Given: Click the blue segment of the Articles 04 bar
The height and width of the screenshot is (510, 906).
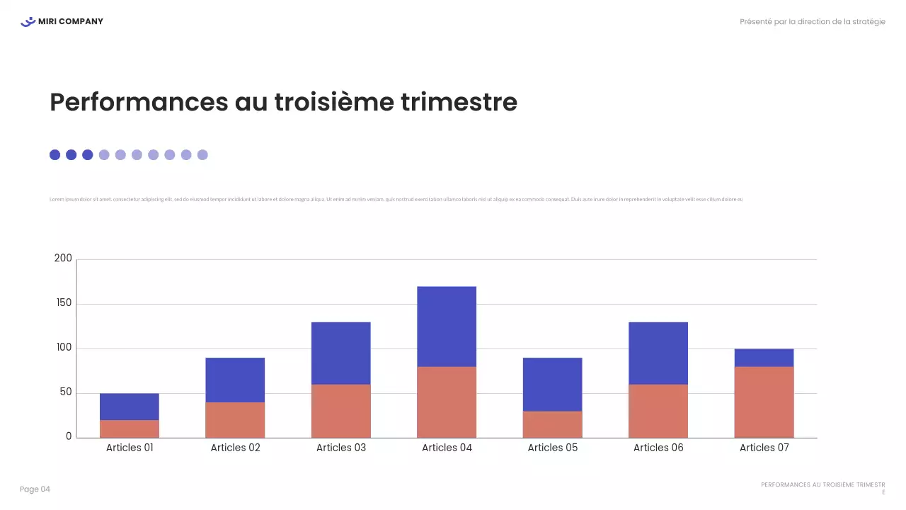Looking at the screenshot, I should click(x=446, y=327).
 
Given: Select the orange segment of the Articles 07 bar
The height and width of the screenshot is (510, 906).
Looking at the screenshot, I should click(x=764, y=402).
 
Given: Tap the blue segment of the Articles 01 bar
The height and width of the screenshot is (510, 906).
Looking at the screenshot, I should click(x=130, y=407).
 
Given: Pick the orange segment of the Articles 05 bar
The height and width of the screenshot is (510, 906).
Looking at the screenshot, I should click(x=552, y=424).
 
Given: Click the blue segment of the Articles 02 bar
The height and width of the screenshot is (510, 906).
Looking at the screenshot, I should click(x=235, y=380).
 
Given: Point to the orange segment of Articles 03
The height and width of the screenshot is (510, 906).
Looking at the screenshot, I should click(x=340, y=411).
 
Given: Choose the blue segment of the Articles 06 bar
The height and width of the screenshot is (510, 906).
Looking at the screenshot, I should click(x=658, y=353).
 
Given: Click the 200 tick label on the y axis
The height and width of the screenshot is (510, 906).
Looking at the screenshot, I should click(x=63, y=259).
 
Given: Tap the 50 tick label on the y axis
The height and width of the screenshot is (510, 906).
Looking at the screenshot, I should click(x=65, y=392).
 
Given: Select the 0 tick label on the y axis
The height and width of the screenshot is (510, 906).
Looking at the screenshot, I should click(x=69, y=436).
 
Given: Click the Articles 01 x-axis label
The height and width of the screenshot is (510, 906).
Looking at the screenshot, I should click(x=130, y=448).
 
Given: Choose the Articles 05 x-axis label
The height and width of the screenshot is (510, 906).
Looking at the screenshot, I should click(x=552, y=448).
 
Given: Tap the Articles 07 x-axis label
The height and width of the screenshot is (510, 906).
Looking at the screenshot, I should click(x=764, y=448).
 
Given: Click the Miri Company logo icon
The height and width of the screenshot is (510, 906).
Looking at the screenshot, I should click(x=28, y=22).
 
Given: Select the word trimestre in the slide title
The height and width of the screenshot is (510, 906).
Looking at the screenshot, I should click(x=459, y=103).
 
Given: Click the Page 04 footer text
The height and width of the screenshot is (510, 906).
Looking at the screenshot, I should click(x=35, y=489).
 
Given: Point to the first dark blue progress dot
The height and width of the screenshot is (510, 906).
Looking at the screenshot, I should click(x=55, y=155).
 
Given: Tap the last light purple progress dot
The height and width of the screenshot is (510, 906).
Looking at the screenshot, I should click(x=202, y=155).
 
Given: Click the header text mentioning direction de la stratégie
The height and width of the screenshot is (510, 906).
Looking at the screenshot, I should click(x=812, y=22).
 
